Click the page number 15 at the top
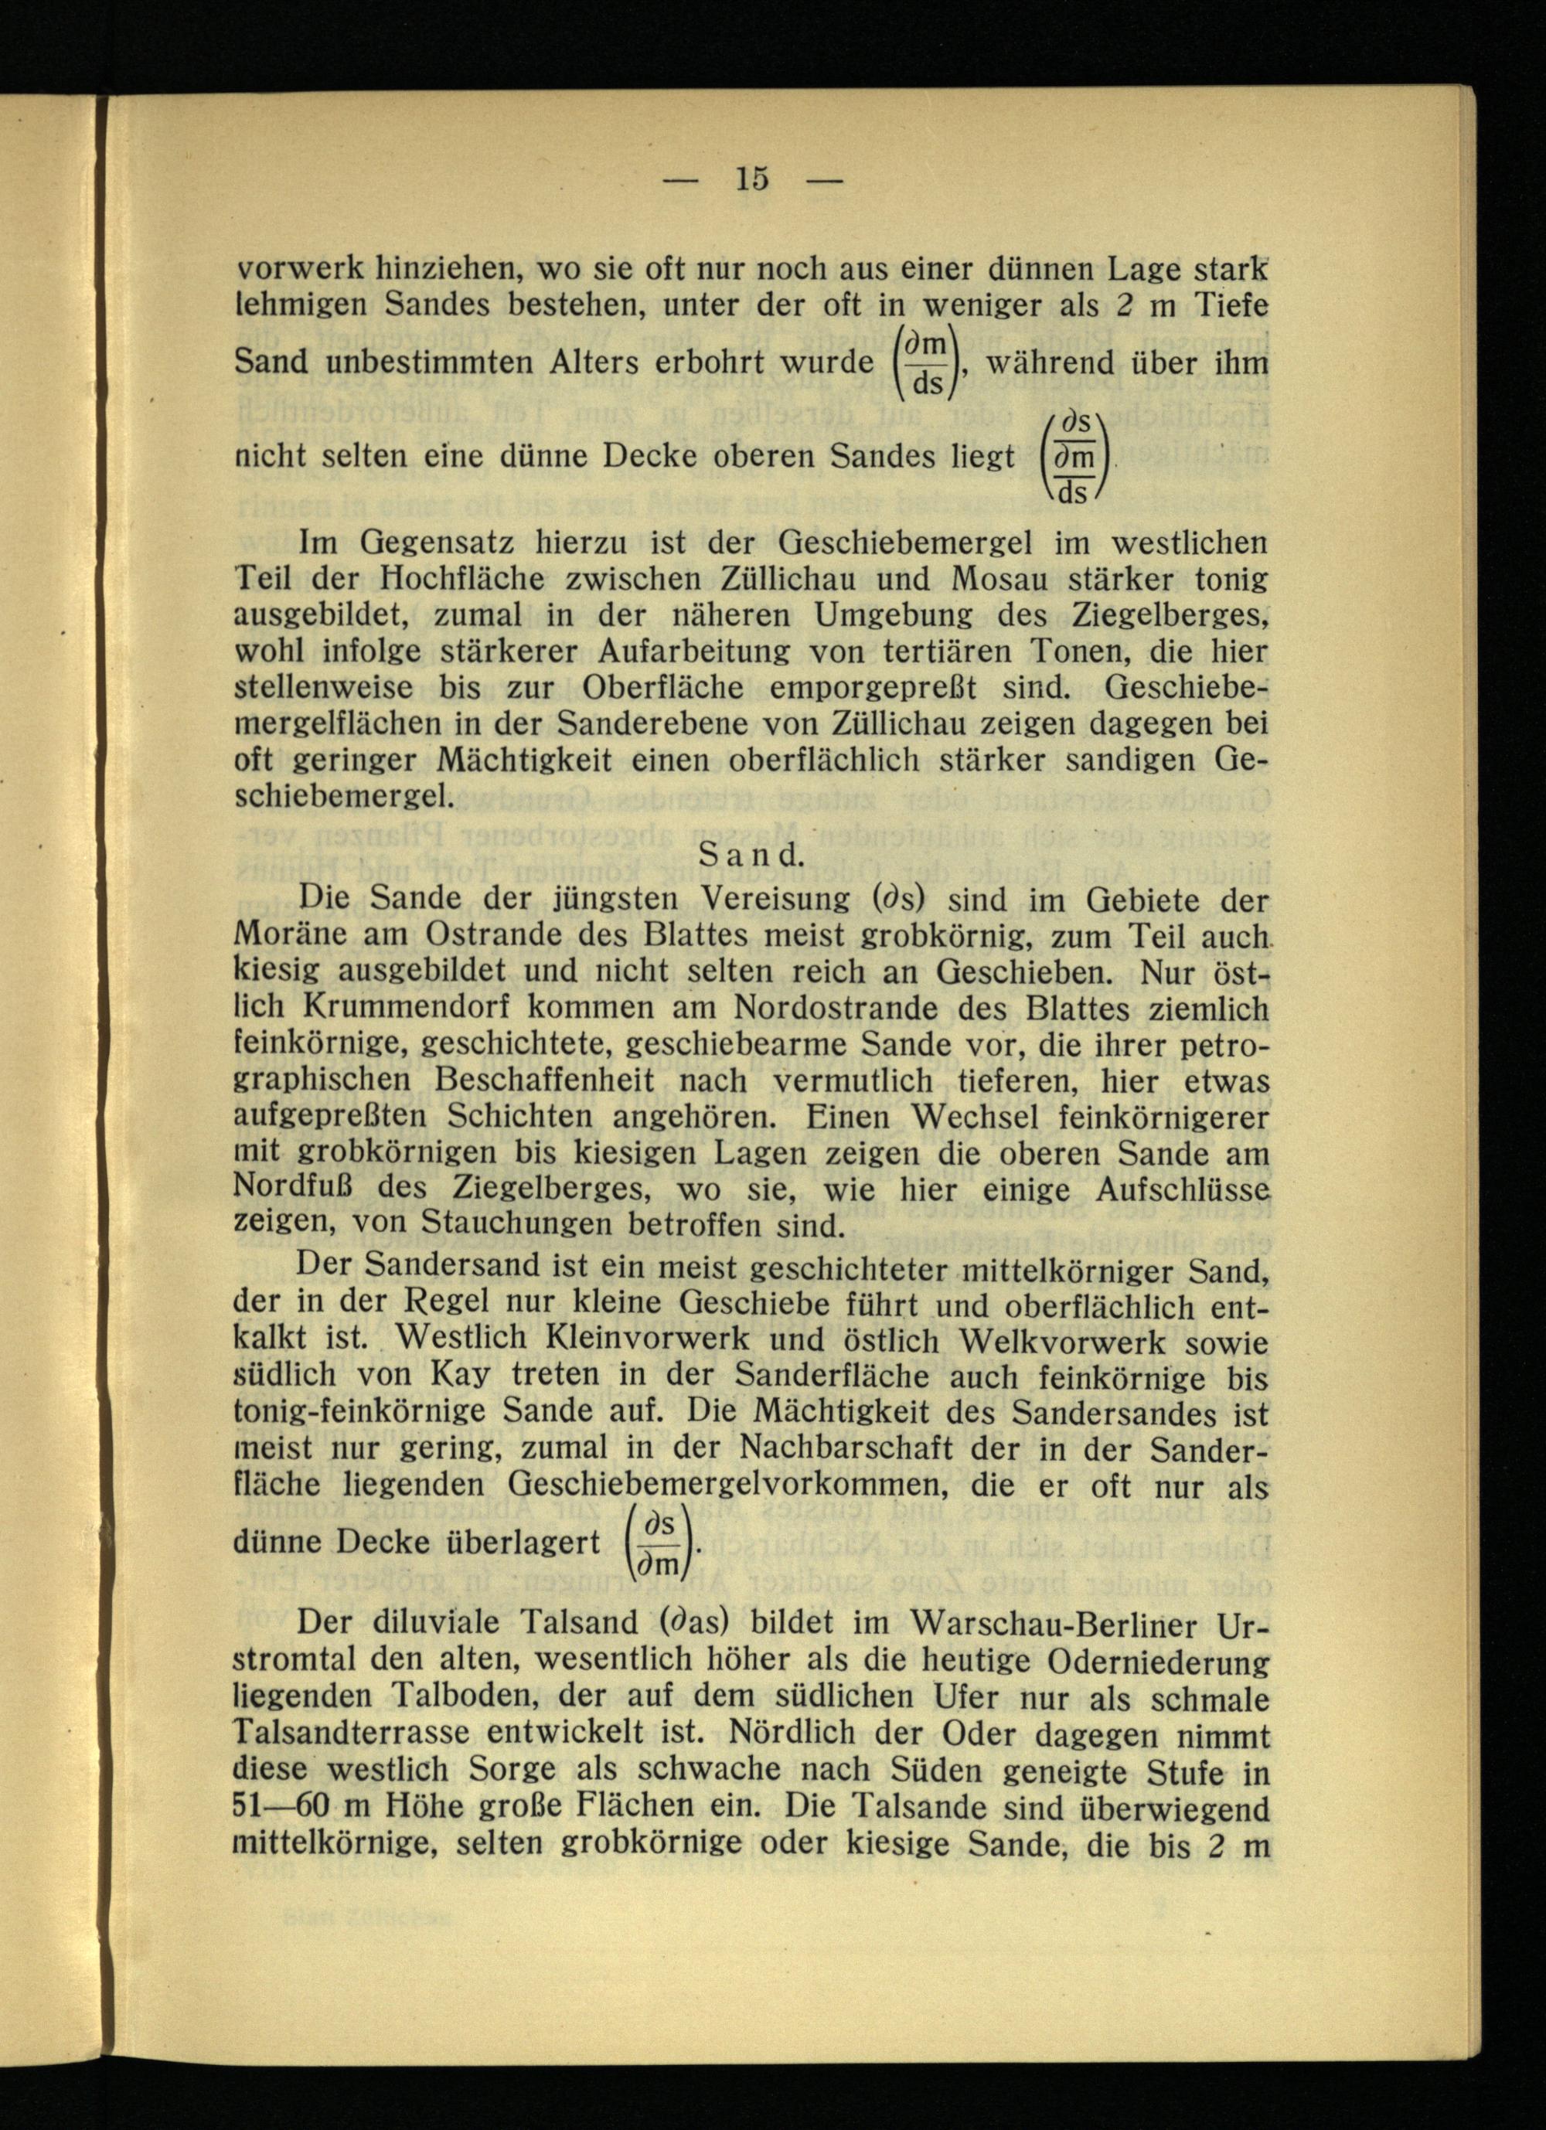pyautogui.click(x=752, y=179)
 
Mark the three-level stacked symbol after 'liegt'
pyautogui.click(x=1074, y=458)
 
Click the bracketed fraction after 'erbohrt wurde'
pyautogui.click(x=925, y=362)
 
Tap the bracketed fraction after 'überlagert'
pyautogui.click(x=659, y=1542)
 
